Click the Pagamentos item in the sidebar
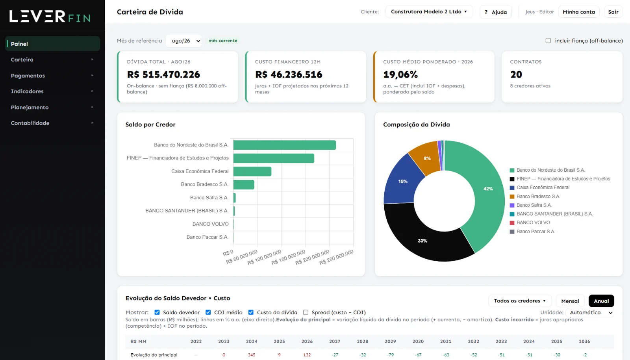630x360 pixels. (28, 75)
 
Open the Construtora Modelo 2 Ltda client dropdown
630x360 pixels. (429, 11)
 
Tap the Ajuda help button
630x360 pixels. (496, 12)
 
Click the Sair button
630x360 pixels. (613, 12)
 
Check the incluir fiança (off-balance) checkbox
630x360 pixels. (548, 41)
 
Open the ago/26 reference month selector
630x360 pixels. (183, 41)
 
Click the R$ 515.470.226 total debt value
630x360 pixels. (163, 74)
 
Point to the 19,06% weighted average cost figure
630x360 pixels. (400, 74)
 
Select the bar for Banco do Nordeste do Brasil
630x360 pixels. (284, 145)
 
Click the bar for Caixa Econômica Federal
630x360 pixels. (252, 171)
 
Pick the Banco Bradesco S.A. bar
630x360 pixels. (244, 184)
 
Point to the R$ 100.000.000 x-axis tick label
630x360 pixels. (264, 257)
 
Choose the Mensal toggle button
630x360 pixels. (570, 301)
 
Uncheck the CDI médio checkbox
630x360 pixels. (208, 312)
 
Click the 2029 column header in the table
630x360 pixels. (390, 341)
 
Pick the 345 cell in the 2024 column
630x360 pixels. (252, 355)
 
